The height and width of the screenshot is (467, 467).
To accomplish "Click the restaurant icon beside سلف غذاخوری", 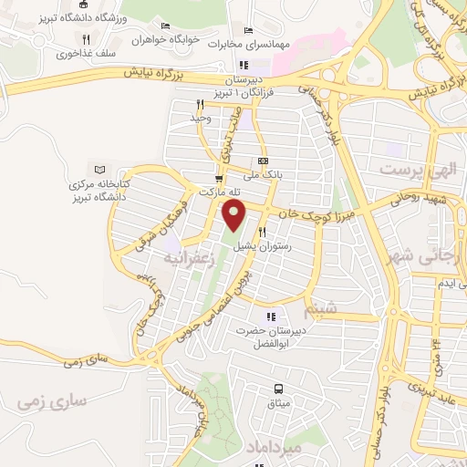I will coord(86,39).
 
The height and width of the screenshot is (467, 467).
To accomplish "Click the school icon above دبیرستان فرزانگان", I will coord(243,65).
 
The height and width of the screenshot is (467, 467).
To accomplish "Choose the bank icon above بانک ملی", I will coord(264,161).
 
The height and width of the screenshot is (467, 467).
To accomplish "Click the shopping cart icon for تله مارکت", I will coord(218,178).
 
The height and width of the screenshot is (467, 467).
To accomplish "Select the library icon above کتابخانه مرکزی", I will coord(100,170).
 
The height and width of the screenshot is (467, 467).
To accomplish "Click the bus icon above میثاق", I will coord(279,389).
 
